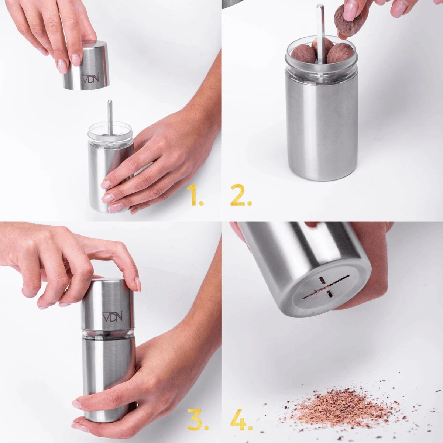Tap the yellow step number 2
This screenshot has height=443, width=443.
tap(241, 195)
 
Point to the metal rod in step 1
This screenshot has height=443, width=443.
tap(110, 119)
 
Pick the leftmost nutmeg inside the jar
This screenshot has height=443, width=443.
tap(303, 55)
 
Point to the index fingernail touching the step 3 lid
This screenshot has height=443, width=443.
tap(138, 284)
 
